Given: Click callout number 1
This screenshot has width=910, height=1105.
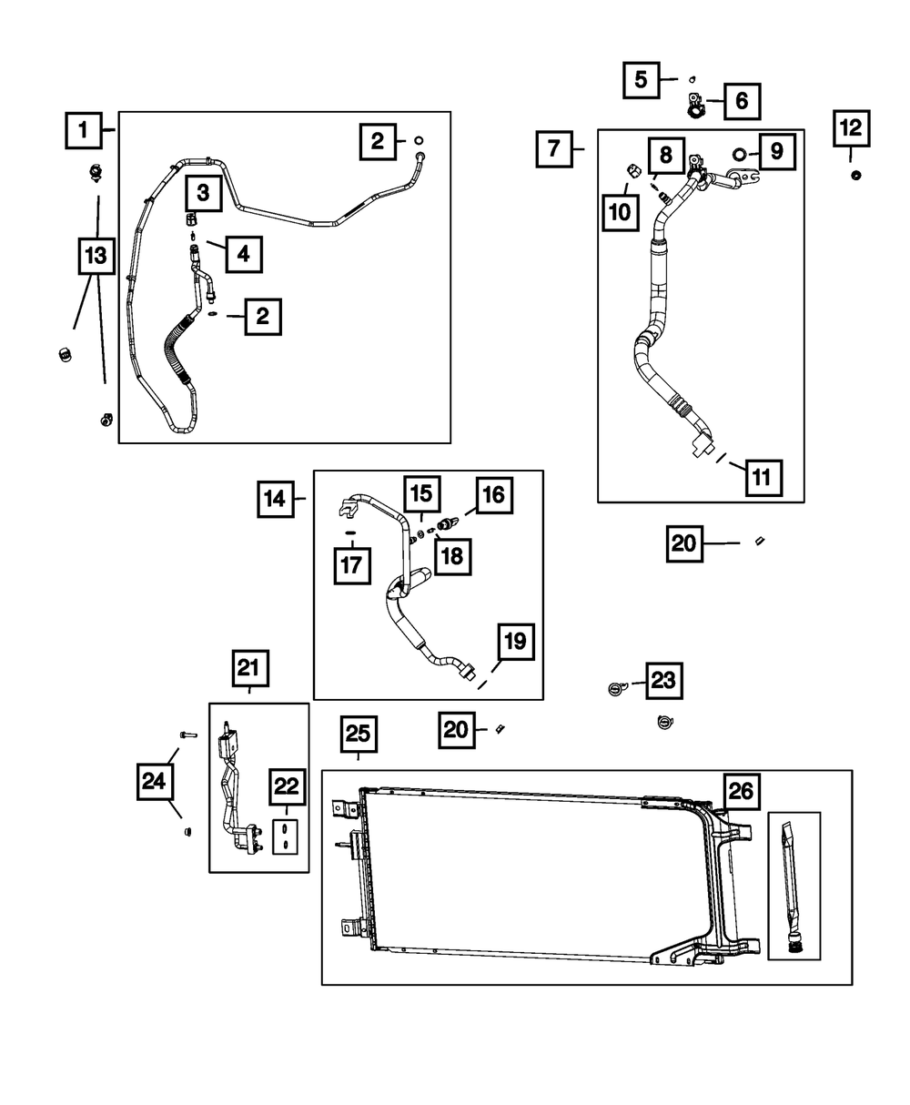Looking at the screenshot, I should pos(83,130).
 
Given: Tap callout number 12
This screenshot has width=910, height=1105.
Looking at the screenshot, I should pos(851,129).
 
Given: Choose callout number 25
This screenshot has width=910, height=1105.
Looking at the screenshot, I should pos(359,735).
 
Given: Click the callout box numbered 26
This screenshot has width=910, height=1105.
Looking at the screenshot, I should pos(741,792).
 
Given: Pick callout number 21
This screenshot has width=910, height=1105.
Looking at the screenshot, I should pos(249,669).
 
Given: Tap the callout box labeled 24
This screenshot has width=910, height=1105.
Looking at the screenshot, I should pos(156,781).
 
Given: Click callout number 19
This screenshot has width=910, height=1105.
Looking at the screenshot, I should pos(514,643).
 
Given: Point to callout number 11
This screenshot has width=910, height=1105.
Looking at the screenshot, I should pos(762,475).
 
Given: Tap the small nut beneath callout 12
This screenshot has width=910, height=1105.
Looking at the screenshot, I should pos(855,175).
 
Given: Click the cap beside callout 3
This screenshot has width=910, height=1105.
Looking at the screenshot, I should pos(191,219).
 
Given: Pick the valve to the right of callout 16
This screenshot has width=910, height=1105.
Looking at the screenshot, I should pos(447,524).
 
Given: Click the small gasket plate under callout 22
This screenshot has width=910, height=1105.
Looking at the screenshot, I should pos(286,836).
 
